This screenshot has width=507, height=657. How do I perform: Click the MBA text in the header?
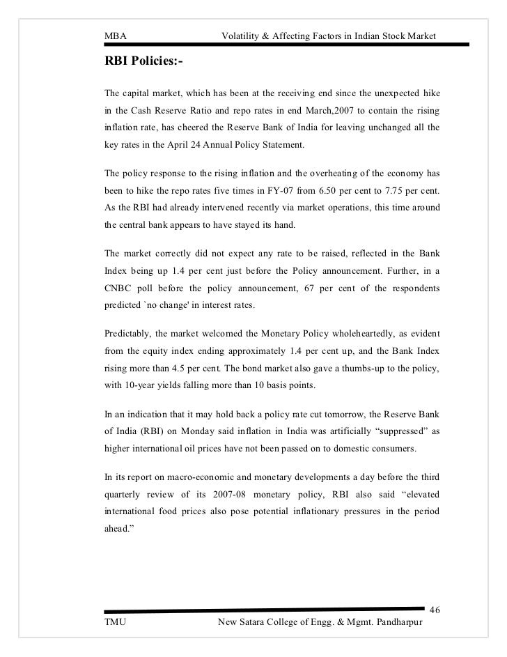114,36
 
